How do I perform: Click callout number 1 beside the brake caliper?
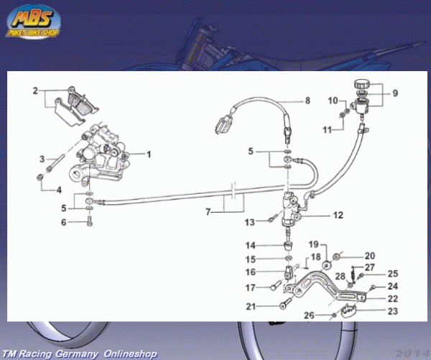150,154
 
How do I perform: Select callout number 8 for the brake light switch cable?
307,100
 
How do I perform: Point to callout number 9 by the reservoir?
394,92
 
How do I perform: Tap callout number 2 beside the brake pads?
34,91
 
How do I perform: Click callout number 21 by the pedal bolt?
251,306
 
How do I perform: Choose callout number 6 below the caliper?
62,223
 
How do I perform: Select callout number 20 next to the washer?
370,256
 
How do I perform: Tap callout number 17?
251,288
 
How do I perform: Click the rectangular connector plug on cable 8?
222,121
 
